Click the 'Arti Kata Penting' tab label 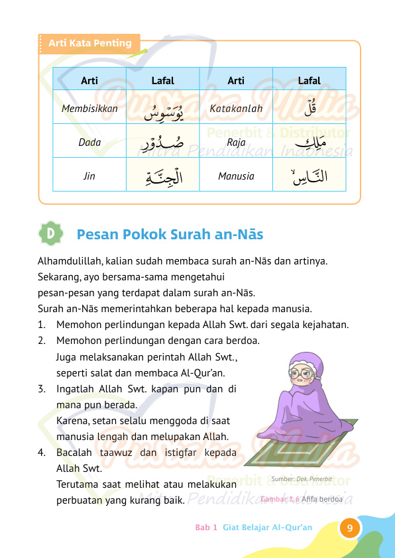(89, 44)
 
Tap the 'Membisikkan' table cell (89, 108)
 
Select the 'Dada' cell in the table (89, 142)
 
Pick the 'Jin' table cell (89, 176)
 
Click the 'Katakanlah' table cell (236, 108)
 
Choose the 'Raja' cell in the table (236, 142)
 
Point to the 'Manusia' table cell (236, 176)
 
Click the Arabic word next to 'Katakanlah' (309, 107)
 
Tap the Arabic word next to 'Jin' (163, 176)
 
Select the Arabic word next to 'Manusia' (309, 176)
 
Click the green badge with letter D (52, 234)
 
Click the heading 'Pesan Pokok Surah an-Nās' (170, 235)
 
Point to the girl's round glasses (301, 373)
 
